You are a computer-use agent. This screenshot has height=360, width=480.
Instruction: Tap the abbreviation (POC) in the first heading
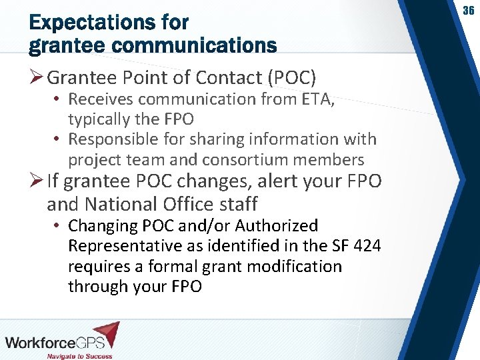291,78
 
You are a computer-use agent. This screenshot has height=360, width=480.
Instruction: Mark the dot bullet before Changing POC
58,226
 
